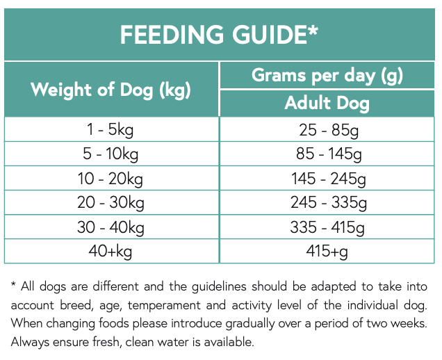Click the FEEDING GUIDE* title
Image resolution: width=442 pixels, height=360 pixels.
pyautogui.click(x=220, y=34)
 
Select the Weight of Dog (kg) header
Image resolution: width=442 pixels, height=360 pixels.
pyautogui.click(x=111, y=90)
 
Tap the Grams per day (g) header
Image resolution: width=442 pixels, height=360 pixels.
pyautogui.click(x=327, y=75)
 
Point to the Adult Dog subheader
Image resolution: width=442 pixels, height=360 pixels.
pyautogui.click(x=327, y=104)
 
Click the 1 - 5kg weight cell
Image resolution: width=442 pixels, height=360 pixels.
pyautogui.click(x=111, y=130)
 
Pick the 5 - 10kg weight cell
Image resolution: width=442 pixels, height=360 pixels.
pyautogui.click(x=111, y=154)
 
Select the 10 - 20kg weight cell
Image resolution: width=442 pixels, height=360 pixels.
pyautogui.click(x=111, y=179)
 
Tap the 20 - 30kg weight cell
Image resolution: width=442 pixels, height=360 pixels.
pyautogui.click(x=111, y=203)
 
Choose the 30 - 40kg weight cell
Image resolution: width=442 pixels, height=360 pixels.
pyautogui.click(x=111, y=227)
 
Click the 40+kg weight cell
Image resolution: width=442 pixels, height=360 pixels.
pyautogui.click(x=111, y=251)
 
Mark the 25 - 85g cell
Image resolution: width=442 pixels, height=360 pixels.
pyautogui.click(x=327, y=130)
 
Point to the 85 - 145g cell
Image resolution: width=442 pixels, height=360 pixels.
pyautogui.click(x=327, y=154)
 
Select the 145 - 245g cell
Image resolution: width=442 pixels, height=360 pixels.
pyautogui.click(x=327, y=179)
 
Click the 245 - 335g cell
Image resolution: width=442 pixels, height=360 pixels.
pyautogui.click(x=327, y=203)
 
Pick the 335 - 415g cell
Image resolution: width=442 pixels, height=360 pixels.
pyautogui.click(x=327, y=227)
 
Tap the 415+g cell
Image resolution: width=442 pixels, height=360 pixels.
pyautogui.click(x=327, y=251)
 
